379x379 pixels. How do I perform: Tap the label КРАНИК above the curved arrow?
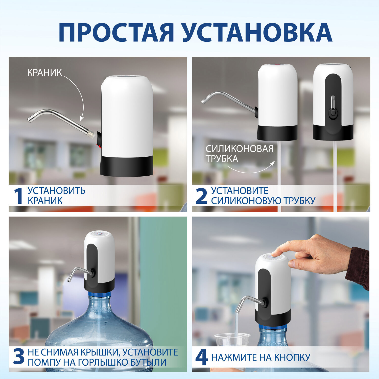(44, 73)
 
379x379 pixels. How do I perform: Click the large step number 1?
(18, 196)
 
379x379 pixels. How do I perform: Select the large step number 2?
(201, 196)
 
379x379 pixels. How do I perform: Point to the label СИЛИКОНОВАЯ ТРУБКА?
(239, 154)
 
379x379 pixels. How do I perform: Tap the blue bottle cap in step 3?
(99, 295)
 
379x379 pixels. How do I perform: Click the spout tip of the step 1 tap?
(30, 120)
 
